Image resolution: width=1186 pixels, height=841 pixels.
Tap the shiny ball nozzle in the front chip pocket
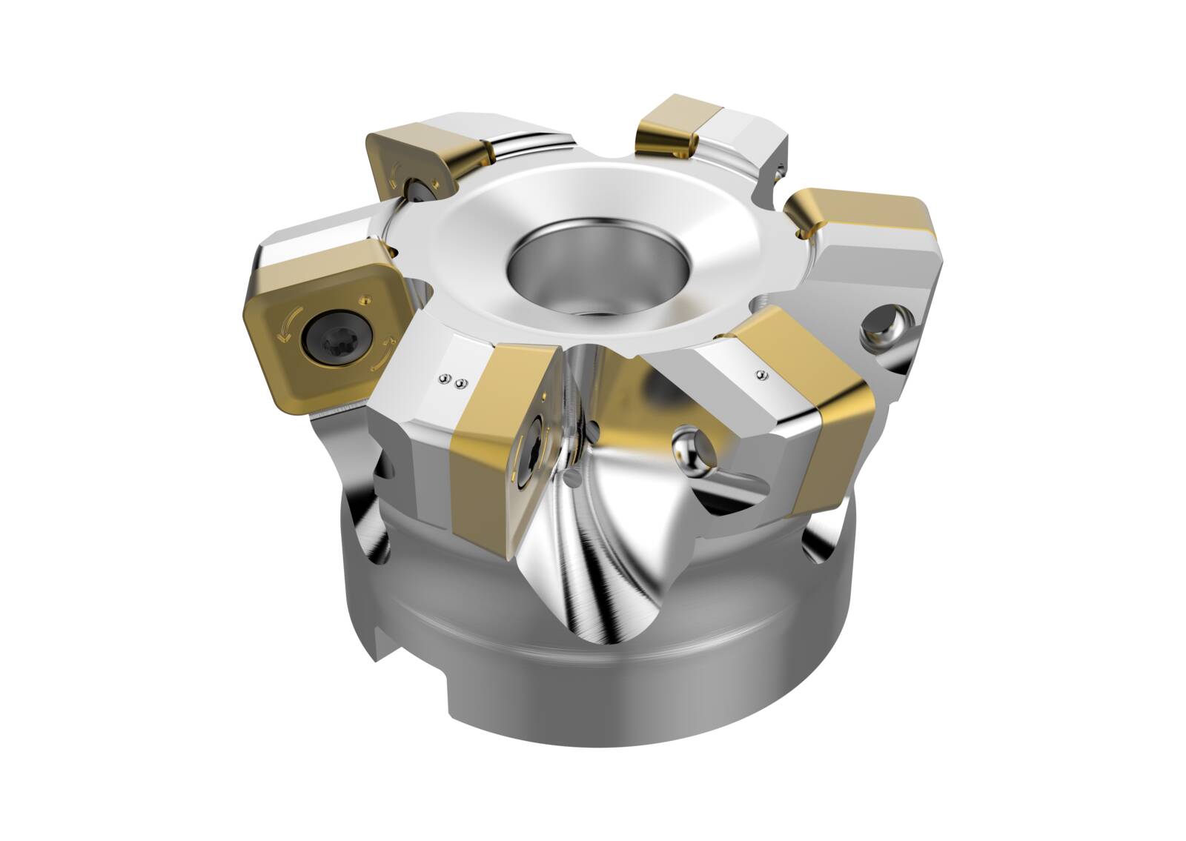685,446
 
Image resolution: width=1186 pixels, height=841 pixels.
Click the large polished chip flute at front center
608,541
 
